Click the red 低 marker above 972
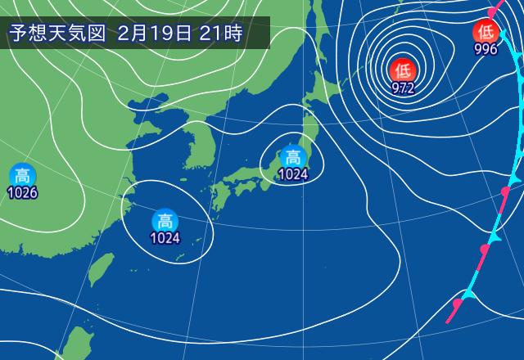pyautogui.click(x=402, y=70)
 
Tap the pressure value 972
pyautogui.click(x=402, y=88)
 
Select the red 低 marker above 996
pyautogui.click(x=486, y=33)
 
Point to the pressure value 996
pyautogui.click(x=486, y=49)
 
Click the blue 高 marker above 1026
pyautogui.click(x=22, y=175)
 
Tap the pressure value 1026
pyautogui.click(x=22, y=193)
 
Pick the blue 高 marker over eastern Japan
pyautogui.click(x=292, y=155)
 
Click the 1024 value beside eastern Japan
pyautogui.click(x=292, y=173)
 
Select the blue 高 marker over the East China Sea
pyautogui.click(x=165, y=220)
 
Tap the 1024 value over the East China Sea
pyautogui.click(x=165, y=238)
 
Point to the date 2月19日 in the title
pyautogui.click(x=156, y=34)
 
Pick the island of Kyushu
pyautogui.click(x=219, y=196)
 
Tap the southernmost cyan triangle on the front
pyautogui.click(x=470, y=291)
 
